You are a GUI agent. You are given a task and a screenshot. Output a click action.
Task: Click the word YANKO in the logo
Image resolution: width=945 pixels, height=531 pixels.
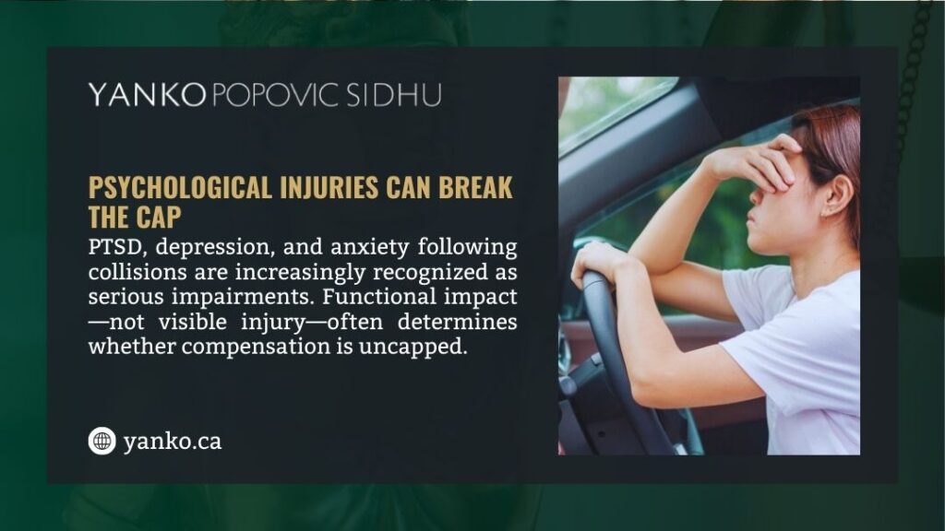(x=146, y=94)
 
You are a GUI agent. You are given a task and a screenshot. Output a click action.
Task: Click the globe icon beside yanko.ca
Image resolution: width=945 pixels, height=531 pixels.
(x=102, y=442)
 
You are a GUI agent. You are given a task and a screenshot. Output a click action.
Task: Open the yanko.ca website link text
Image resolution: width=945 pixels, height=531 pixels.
(x=173, y=442)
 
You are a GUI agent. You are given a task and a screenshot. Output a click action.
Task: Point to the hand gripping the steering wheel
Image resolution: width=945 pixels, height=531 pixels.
(x=600, y=265)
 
